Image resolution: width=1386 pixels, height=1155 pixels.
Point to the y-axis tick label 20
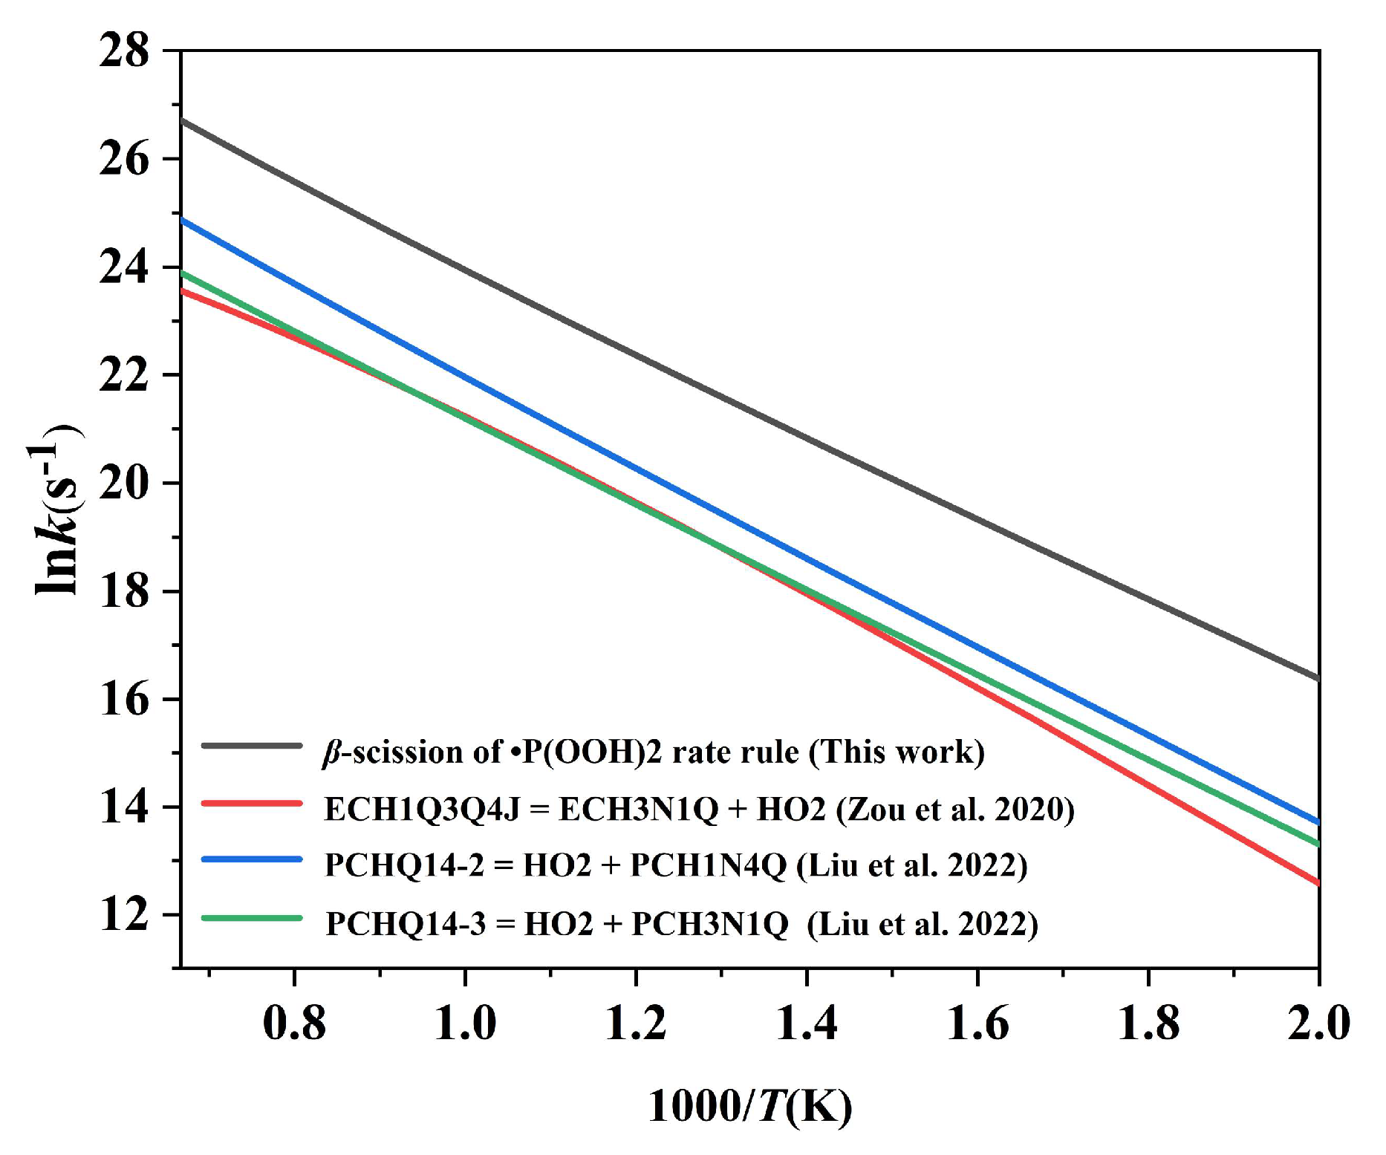click(124, 484)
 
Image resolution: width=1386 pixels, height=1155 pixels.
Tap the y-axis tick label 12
click(124, 915)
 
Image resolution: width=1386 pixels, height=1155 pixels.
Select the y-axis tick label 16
click(124, 700)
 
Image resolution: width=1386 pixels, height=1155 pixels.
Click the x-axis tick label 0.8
click(294, 1023)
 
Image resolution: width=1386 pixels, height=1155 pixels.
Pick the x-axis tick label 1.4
click(806, 1023)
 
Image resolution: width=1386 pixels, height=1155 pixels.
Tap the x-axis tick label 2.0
click(1318, 1023)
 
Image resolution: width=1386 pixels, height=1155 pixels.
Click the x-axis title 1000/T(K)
click(750, 1106)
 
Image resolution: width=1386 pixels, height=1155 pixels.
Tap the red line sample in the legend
click(252, 803)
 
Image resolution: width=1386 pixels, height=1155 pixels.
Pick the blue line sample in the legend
click(252, 859)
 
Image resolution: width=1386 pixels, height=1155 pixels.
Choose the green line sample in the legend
click(252, 918)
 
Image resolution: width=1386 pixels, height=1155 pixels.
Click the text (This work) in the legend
click(897, 752)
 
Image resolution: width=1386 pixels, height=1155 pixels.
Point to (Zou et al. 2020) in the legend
click(955, 809)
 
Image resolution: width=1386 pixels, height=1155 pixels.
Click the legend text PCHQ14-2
click(404, 866)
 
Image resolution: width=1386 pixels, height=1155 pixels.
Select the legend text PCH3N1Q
click(709, 924)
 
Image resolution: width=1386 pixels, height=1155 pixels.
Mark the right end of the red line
click(1317, 883)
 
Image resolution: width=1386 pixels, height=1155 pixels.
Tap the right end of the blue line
click(1317, 821)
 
